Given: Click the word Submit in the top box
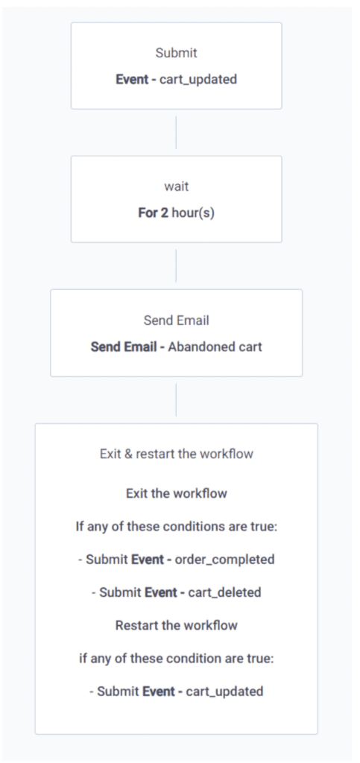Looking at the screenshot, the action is (x=176, y=53).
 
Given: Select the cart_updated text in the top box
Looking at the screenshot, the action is (x=198, y=79).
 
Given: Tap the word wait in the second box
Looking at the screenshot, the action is (x=176, y=187).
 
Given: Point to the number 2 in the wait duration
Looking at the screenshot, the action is (x=165, y=213).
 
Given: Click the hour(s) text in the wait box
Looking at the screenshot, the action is (x=193, y=214).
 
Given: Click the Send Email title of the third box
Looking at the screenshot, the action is (x=176, y=320).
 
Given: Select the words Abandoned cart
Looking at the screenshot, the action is (x=215, y=347).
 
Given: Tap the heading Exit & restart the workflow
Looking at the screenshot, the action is (x=177, y=454).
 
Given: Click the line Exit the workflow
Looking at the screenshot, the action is (x=177, y=493).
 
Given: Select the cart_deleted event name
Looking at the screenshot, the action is (x=225, y=592).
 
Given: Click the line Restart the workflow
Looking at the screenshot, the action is (x=177, y=625).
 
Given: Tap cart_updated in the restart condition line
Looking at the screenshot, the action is (x=225, y=691).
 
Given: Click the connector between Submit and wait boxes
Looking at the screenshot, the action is (x=176, y=133).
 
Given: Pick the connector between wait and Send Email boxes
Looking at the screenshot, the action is (x=176, y=266).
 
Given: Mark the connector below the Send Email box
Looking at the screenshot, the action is (x=176, y=399).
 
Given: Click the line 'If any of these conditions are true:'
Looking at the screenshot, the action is (x=177, y=527).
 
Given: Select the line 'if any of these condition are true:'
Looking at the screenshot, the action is (x=177, y=659).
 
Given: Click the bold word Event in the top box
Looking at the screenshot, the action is (x=132, y=79).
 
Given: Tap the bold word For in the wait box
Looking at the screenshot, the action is (x=148, y=213).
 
